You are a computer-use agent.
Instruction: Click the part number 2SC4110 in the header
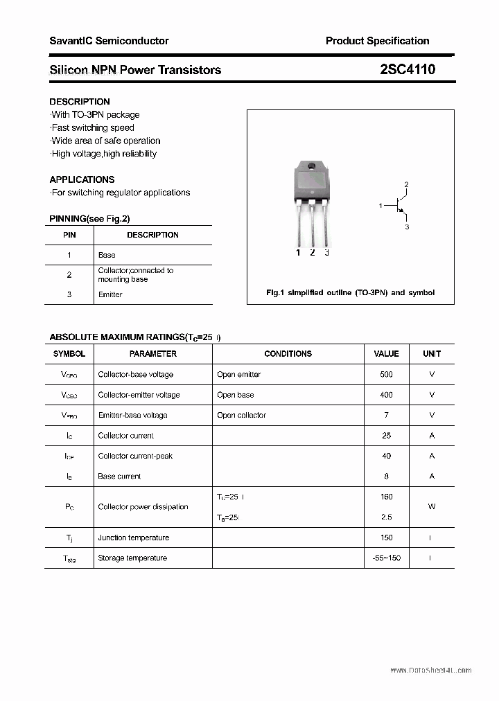[408, 69]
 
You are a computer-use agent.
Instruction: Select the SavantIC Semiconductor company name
[109, 41]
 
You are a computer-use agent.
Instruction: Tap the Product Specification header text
[377, 41]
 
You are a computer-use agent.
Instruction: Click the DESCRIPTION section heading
[80, 101]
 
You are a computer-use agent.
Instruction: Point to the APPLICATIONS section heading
[82, 179]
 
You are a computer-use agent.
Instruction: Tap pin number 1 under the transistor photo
[299, 253]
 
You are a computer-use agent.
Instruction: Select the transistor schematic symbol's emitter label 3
[408, 227]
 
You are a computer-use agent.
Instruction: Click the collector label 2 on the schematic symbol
[407, 184]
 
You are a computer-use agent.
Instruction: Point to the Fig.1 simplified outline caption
[351, 292]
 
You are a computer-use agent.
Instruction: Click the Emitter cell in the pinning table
[110, 294]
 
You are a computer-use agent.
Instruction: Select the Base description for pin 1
[107, 255]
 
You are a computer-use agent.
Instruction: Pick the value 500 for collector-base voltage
[386, 374]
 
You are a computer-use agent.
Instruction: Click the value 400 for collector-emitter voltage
[386, 395]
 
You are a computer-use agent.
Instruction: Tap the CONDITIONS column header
[288, 353]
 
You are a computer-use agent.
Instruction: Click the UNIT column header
[432, 353]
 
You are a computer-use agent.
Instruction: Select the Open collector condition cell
[241, 415]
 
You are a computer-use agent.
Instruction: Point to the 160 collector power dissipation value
[386, 497]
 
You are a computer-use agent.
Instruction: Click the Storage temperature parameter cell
[132, 558]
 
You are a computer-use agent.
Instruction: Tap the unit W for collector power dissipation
[432, 506]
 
